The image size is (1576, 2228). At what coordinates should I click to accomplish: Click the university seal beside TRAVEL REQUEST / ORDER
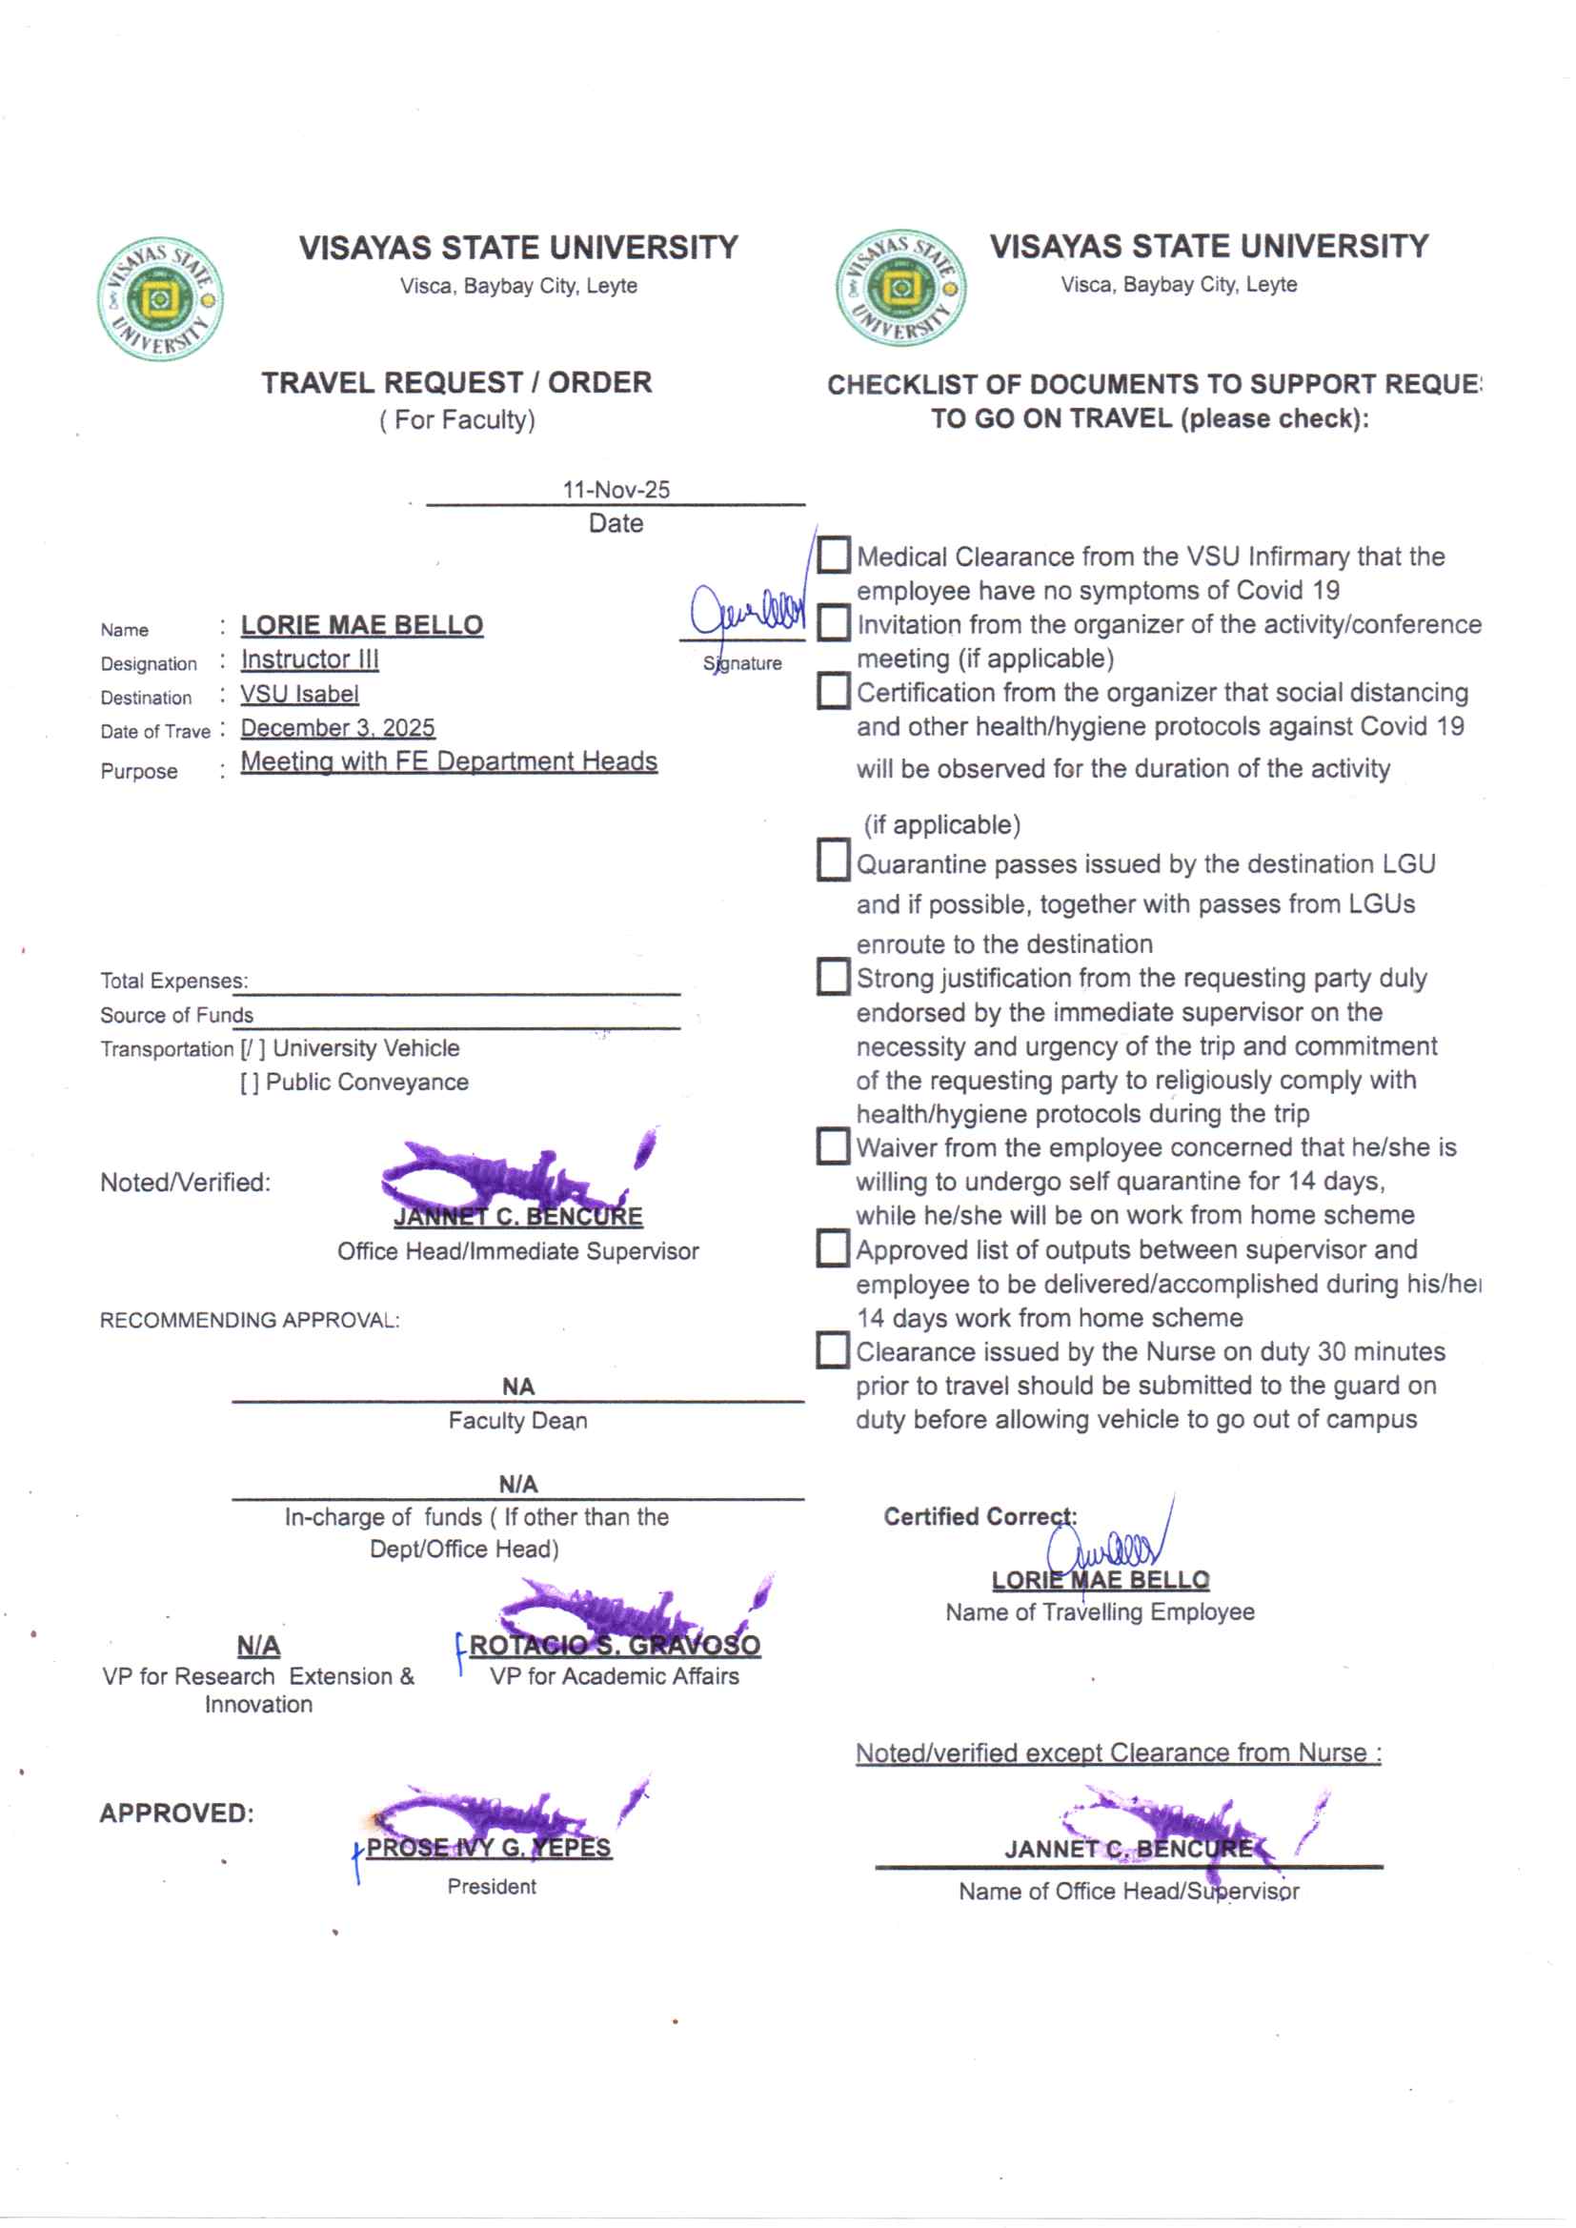(x=160, y=298)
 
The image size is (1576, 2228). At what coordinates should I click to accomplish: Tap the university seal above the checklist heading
(x=900, y=288)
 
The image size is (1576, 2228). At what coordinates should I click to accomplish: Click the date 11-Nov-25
(x=616, y=489)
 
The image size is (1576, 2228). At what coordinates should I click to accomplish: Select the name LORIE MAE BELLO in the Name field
(x=362, y=625)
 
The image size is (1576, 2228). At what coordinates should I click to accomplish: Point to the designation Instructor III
(x=310, y=659)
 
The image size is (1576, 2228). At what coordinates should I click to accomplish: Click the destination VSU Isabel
(x=300, y=694)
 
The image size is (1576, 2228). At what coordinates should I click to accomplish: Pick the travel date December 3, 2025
(x=337, y=728)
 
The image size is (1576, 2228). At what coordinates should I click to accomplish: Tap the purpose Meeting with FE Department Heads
(x=450, y=761)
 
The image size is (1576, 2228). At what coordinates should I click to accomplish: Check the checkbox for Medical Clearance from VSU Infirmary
(x=834, y=555)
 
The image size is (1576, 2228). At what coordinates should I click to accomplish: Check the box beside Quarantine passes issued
(x=834, y=861)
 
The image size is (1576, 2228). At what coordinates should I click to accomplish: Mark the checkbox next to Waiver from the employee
(x=834, y=1146)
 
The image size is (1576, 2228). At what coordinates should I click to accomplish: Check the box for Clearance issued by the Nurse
(x=834, y=1349)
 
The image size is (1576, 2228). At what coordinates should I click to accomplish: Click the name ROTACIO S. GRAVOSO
(x=615, y=1646)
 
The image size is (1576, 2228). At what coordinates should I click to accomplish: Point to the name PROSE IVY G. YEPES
(x=488, y=1848)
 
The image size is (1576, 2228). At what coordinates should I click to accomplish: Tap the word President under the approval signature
(x=491, y=1887)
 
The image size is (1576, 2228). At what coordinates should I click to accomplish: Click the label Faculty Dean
(x=517, y=1421)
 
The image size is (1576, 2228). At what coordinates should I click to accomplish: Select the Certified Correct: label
(x=980, y=1517)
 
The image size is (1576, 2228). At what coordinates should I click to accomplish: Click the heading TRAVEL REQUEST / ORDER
(x=456, y=382)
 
